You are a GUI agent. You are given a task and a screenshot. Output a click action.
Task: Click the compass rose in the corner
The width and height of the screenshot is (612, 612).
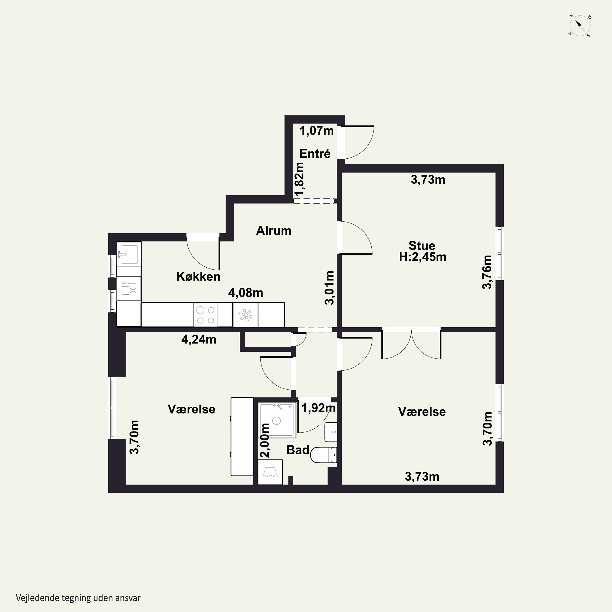tap(580, 26)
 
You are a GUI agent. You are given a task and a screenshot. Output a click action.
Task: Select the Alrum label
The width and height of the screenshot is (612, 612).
tap(274, 231)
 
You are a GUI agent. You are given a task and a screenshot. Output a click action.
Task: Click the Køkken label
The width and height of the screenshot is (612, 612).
tap(198, 277)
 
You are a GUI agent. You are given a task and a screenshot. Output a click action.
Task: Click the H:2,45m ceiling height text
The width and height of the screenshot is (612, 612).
tap(422, 257)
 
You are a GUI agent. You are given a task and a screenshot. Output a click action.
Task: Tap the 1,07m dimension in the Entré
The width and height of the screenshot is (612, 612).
tap(316, 131)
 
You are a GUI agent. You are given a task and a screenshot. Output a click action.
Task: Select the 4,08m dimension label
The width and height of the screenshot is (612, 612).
tap(245, 293)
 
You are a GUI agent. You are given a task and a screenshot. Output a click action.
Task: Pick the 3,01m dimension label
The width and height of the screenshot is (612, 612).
tap(329, 288)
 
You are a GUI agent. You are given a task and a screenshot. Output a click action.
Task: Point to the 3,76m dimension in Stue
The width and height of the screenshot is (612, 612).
tap(487, 272)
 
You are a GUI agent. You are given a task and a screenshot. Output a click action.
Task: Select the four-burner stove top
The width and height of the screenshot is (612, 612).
tap(206, 315)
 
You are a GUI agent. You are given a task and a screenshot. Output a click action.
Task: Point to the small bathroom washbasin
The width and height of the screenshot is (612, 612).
tap(331, 432)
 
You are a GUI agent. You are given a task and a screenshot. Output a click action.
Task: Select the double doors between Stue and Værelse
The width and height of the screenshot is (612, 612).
tap(411, 344)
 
